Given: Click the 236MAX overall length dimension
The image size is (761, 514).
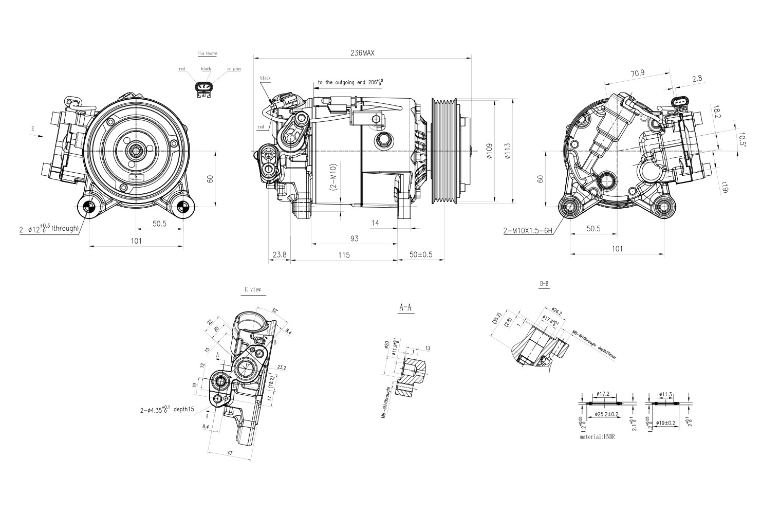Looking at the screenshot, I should click(362, 53).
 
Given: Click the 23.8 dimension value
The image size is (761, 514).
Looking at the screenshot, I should click(280, 255).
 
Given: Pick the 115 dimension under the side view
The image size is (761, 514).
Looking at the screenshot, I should click(344, 255).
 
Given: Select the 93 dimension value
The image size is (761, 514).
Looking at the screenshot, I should click(354, 238).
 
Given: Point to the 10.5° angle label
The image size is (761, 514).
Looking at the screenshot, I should click(741, 139).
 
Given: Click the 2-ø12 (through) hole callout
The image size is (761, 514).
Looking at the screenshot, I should click(49, 228).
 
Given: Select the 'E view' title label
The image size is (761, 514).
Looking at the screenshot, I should click(253, 290).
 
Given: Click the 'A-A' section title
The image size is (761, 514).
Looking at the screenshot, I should click(405, 307).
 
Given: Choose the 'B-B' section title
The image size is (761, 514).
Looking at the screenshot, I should click(544, 284).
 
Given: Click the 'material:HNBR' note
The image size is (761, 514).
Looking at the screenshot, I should click(597, 437).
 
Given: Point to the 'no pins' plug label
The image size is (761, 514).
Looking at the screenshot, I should click(234, 69).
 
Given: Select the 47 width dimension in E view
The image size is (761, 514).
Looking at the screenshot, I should click(230, 453).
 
